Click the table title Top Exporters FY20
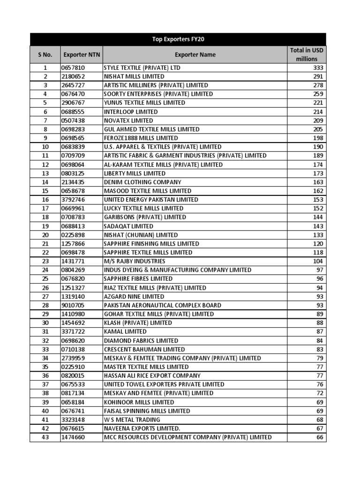(178, 39)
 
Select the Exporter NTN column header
(81, 55)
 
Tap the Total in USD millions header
(306, 55)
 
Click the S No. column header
(45, 55)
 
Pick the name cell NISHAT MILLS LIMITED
(134, 76)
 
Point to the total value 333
(318, 67)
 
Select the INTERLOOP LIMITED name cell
(131, 112)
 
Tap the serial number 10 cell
(45, 147)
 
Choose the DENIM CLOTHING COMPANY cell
(142, 182)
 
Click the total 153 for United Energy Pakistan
(318, 200)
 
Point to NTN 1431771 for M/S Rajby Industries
(73, 261)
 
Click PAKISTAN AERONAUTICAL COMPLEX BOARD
(163, 305)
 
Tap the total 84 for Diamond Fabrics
(320, 340)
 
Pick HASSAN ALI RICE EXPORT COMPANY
(152, 375)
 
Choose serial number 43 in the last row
(45, 437)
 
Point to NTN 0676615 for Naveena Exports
(73, 428)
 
